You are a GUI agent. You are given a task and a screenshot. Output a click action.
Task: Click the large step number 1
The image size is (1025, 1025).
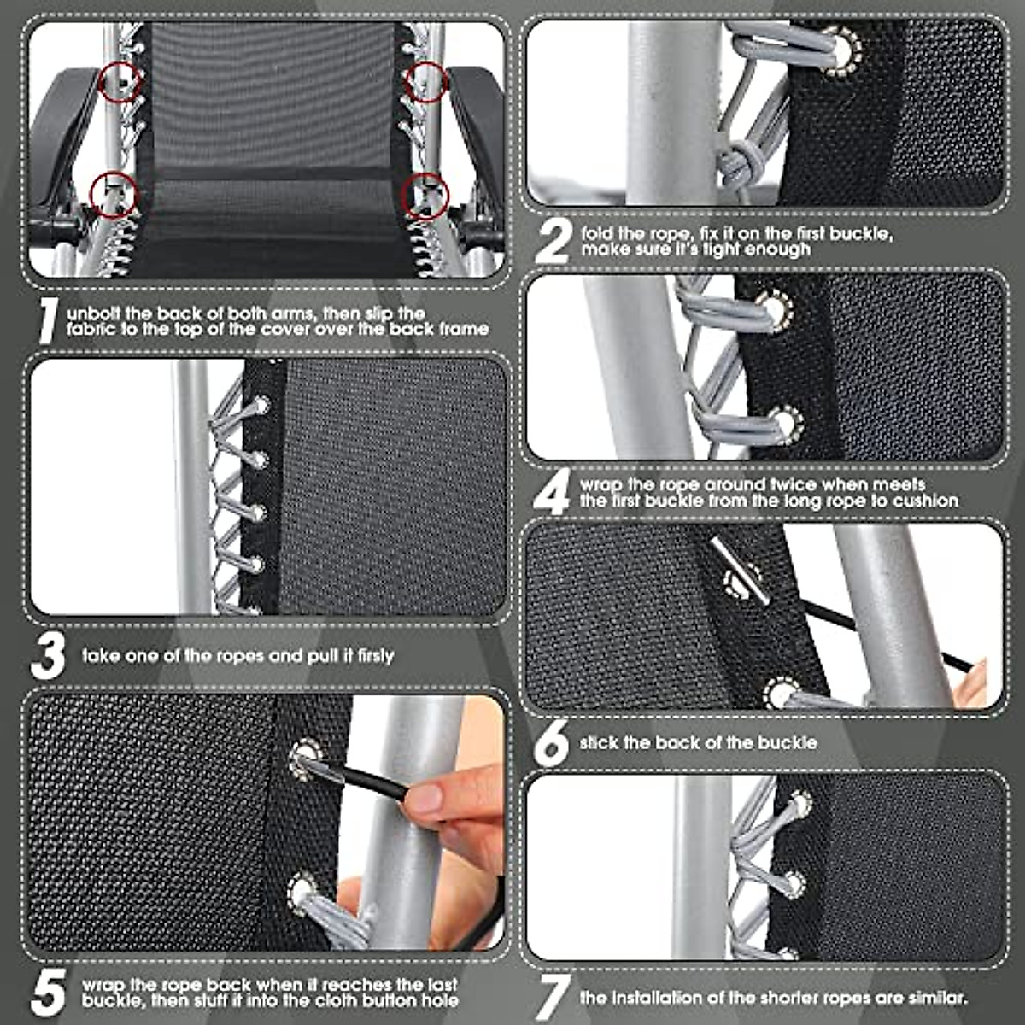click(x=50, y=320)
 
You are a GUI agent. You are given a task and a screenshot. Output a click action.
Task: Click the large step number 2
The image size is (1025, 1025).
click(x=553, y=241)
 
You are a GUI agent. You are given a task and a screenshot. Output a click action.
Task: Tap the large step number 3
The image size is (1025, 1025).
click(x=49, y=656)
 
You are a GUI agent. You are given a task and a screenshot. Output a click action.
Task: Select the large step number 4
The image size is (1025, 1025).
click(x=553, y=492)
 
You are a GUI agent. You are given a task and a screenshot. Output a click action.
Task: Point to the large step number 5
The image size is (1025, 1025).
click(x=49, y=992)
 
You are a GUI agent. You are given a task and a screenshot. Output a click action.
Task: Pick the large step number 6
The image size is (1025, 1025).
click(x=553, y=743)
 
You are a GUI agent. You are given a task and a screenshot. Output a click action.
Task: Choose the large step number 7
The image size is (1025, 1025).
click(x=553, y=996)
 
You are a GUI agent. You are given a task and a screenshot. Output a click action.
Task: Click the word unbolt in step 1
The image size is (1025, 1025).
click(x=96, y=313)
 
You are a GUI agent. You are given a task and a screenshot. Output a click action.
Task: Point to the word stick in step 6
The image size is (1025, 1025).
click(x=599, y=743)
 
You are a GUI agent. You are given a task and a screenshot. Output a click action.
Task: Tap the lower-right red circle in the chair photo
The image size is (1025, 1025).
click(x=426, y=195)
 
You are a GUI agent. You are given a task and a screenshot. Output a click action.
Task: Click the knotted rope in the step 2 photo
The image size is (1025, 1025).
click(x=735, y=161)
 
